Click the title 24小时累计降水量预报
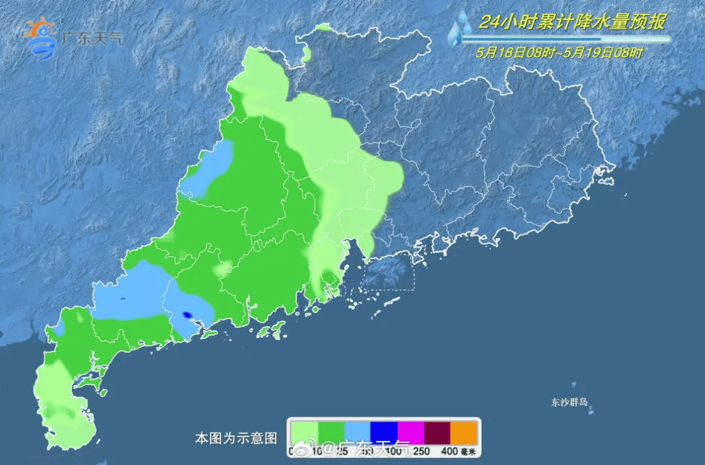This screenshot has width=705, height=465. pyautogui.click(x=572, y=22)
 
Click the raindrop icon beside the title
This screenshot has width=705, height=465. pyautogui.click(x=461, y=28)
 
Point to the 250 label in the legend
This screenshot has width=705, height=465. pyautogui.click(x=422, y=450)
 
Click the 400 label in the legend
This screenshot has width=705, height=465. pyautogui.click(x=448, y=450)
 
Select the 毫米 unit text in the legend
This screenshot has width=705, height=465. pyautogui.click(x=469, y=450)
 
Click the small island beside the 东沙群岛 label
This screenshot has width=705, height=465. pyautogui.click(x=591, y=412)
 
